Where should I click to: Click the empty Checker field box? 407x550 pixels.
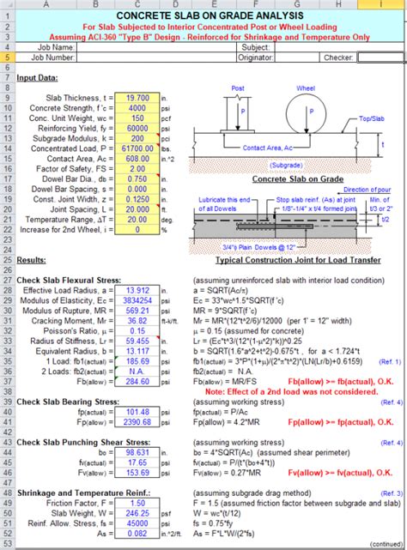(x=380, y=57)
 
